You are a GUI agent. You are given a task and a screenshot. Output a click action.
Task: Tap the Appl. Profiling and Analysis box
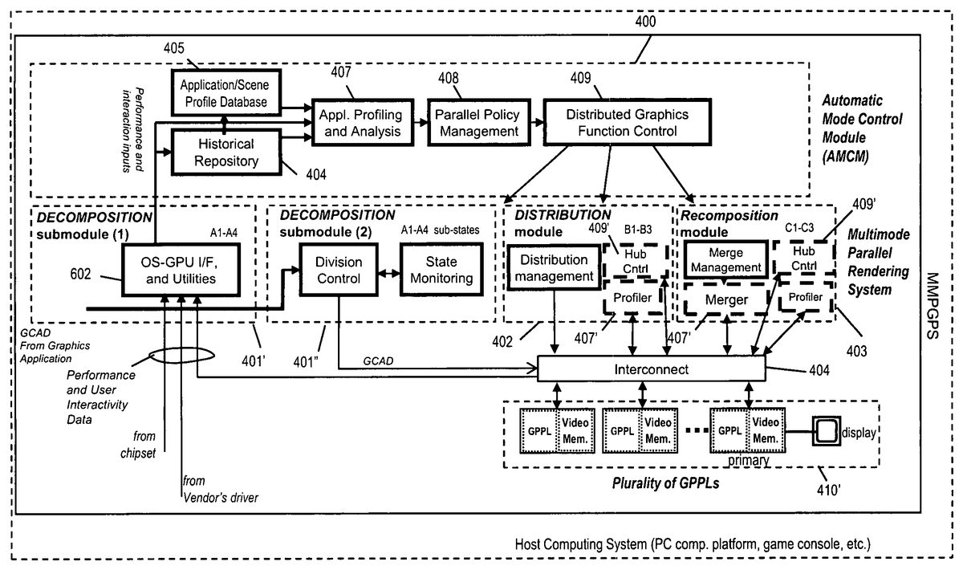357,122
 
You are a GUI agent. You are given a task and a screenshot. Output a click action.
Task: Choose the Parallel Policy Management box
477,122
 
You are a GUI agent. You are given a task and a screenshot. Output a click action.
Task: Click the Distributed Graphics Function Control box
616,122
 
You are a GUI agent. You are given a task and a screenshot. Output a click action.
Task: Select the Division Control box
338,271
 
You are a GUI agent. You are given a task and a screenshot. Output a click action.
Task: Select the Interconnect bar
650,368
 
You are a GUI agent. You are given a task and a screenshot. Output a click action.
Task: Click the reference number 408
449,78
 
